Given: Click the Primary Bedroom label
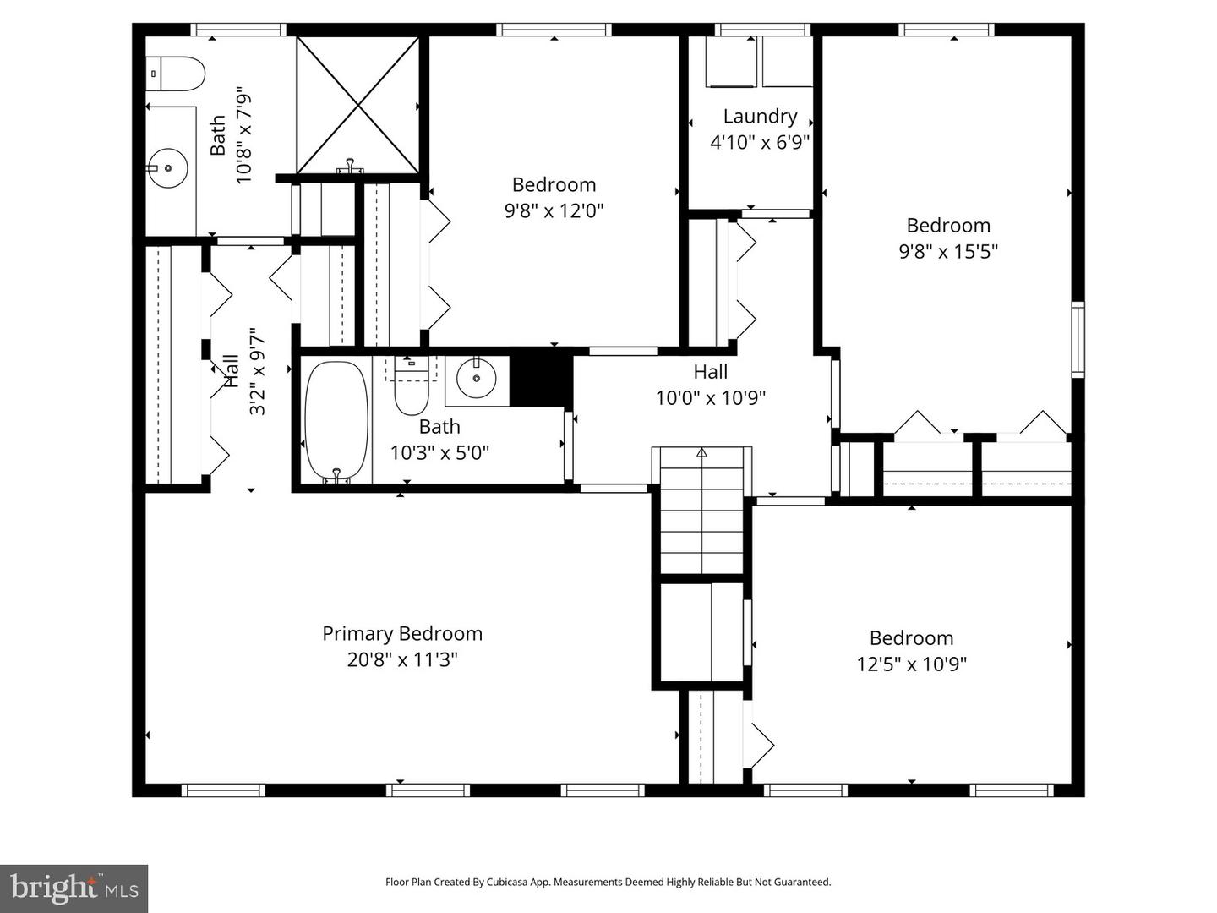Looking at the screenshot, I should click(402, 633).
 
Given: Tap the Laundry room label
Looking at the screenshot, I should click(760, 117).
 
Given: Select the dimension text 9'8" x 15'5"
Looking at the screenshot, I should click(948, 251).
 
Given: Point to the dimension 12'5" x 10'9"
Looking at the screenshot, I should click(911, 664).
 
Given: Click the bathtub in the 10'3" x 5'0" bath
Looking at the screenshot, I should click(336, 421).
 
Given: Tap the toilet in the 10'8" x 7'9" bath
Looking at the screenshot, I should click(175, 74).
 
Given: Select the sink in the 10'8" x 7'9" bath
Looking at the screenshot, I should click(167, 167).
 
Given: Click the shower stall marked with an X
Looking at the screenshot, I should click(358, 105).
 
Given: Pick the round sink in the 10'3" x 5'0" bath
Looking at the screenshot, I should click(477, 380).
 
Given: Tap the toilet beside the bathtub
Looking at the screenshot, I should click(412, 385).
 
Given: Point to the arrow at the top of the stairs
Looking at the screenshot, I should click(701, 452).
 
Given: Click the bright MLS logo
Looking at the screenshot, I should click(74, 888).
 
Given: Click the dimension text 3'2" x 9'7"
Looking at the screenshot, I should click(258, 372).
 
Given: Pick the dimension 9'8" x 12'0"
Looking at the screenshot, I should click(554, 210).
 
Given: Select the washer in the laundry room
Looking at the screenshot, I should click(730, 62).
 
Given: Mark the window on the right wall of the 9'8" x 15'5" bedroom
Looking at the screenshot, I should click(1078, 338).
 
